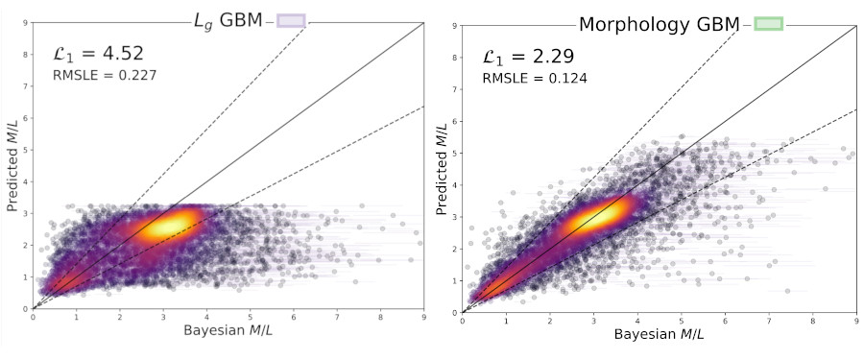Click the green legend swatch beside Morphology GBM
(x=768, y=23)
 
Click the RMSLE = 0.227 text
(x=105, y=74)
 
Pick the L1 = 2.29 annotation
(x=528, y=57)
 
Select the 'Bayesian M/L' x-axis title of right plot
(x=659, y=334)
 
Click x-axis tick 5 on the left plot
(x=251, y=316)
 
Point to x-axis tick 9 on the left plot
(x=424, y=316)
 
